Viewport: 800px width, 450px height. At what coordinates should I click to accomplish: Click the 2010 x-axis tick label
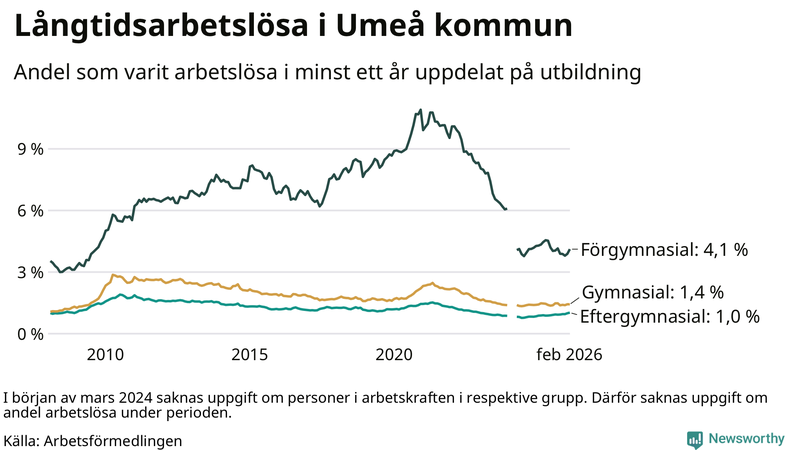point(105,354)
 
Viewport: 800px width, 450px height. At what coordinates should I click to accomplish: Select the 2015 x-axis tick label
point(250,354)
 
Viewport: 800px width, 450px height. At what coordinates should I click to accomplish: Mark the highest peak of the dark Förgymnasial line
point(418,110)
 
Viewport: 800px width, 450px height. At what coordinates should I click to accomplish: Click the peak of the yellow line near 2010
point(113,274)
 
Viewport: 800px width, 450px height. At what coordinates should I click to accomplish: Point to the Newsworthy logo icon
point(694,438)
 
